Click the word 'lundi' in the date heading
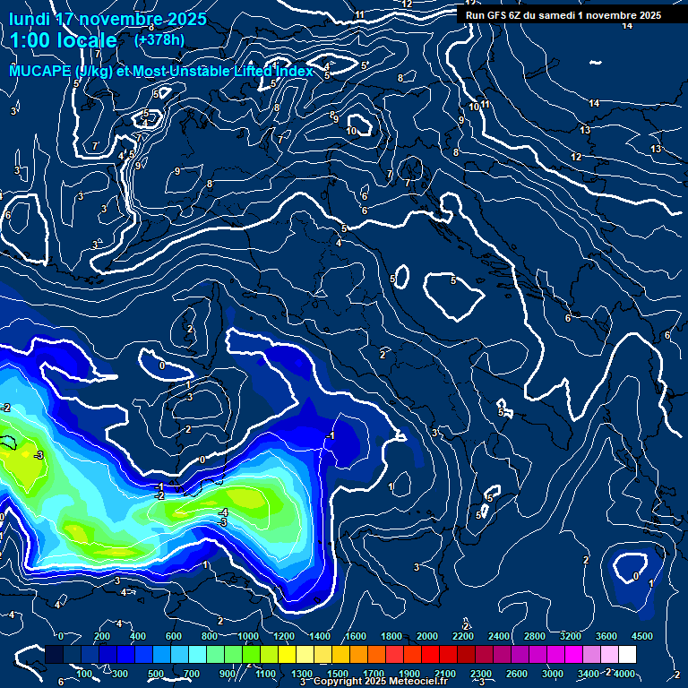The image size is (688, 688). (x=30, y=19)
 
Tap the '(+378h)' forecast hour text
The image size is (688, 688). (x=159, y=39)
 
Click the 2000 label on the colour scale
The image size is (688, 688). (x=427, y=636)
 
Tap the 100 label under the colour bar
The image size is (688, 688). (x=84, y=674)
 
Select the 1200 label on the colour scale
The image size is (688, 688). (x=284, y=636)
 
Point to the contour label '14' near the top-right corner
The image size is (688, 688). (x=627, y=25)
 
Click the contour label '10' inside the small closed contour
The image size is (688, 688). (x=352, y=131)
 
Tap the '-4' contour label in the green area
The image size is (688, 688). (x=223, y=512)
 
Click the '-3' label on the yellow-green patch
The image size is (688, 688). (x=38, y=455)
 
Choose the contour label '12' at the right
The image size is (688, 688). (x=576, y=157)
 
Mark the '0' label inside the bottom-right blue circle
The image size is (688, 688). (x=635, y=576)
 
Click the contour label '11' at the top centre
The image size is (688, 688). (x=359, y=15)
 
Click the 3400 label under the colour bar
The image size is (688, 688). (x=589, y=674)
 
